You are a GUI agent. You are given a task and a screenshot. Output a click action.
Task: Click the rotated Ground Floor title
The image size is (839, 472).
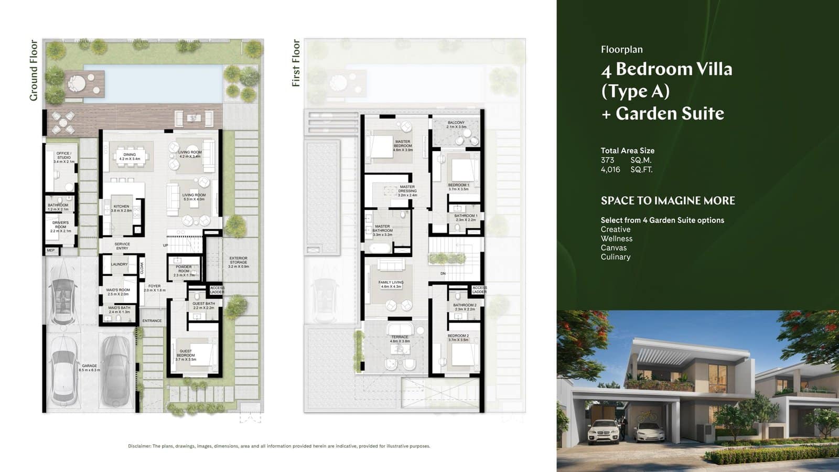coord(34,70)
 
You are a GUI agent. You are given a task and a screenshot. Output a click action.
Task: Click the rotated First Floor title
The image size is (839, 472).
coord(296,63)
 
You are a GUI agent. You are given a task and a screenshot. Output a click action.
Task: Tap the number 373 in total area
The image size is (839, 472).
coord(607,160)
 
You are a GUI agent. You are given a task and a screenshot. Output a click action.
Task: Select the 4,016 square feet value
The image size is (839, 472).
coord(610,169)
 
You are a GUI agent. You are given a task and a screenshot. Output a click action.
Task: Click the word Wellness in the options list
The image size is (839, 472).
coord(616,239)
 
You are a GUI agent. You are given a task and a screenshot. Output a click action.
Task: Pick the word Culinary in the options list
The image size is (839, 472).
coord(615,257)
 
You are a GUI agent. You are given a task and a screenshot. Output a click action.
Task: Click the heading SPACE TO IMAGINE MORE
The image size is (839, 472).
coord(668,200)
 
